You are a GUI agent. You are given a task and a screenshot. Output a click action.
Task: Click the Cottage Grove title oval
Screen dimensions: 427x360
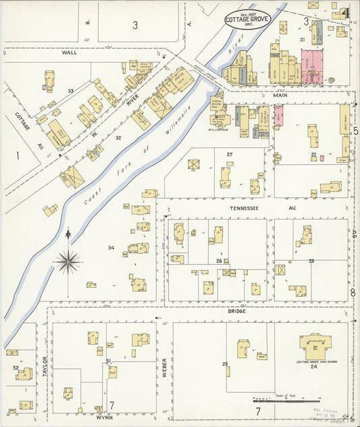(x=247, y=20)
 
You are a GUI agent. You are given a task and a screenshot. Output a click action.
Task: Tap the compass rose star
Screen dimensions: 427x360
(x=68, y=259)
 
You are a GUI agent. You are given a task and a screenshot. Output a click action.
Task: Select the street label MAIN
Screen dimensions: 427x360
(x=280, y=96)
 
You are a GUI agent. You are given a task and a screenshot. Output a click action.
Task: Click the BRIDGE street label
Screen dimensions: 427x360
(x=236, y=311)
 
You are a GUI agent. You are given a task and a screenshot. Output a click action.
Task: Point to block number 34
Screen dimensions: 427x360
(x=111, y=248)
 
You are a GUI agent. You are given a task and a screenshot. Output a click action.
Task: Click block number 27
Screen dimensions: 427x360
(x=230, y=155)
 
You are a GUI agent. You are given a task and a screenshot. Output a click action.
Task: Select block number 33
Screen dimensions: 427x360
(x=70, y=91)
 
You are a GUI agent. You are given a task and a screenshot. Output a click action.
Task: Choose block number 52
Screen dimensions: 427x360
(x=16, y=368)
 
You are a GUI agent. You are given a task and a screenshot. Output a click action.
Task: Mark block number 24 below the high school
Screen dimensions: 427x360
(x=313, y=367)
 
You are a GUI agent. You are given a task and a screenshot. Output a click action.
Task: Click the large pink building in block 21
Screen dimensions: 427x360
(x=313, y=66)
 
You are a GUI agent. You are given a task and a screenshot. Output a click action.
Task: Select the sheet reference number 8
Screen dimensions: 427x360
(x=353, y=293)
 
